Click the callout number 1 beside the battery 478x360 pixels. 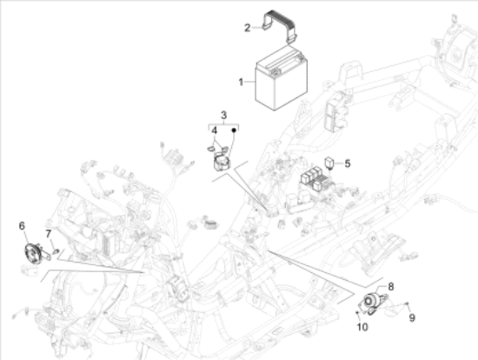pyautogui.click(x=241, y=82)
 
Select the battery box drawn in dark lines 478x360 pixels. pyautogui.click(x=281, y=79)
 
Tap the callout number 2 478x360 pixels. pyautogui.click(x=247, y=28)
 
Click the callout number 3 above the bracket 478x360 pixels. pyautogui.click(x=223, y=116)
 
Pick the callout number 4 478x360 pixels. pyautogui.click(x=215, y=130)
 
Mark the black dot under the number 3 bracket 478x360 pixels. pyautogui.click(x=234, y=130)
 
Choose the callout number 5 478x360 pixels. pyautogui.click(x=348, y=163)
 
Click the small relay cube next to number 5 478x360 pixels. pyautogui.click(x=329, y=162)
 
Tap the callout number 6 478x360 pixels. pyautogui.click(x=22, y=226)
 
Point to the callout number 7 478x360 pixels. pyautogui.click(x=49, y=234)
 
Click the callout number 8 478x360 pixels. pyautogui.click(x=390, y=286)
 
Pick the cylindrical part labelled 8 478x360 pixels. pyautogui.click(x=371, y=299)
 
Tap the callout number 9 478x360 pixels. pyautogui.click(x=412, y=318)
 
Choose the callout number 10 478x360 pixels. pyautogui.click(x=362, y=327)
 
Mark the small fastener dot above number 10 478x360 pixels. pyautogui.click(x=357, y=313)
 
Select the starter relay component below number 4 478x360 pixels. pyautogui.click(x=222, y=163)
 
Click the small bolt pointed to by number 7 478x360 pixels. pyautogui.click(x=56, y=251)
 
